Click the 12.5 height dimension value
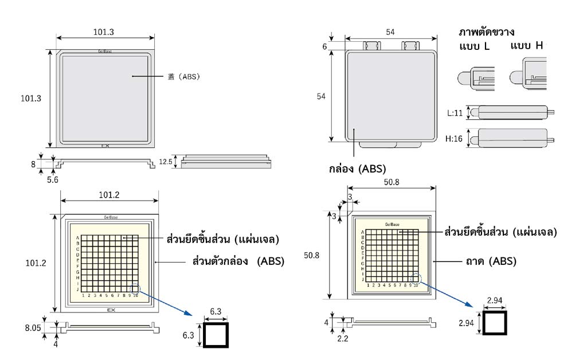point(166,162)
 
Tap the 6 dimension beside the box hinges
point(324,46)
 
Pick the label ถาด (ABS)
point(491,261)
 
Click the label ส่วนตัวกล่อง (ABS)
point(238,261)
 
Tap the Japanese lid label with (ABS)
point(183,76)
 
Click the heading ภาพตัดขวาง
point(487,32)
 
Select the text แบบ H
point(526,45)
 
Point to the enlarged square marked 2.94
point(495,323)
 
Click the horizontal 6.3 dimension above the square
point(216,311)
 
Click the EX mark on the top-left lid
point(105,146)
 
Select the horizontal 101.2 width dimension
point(109,195)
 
